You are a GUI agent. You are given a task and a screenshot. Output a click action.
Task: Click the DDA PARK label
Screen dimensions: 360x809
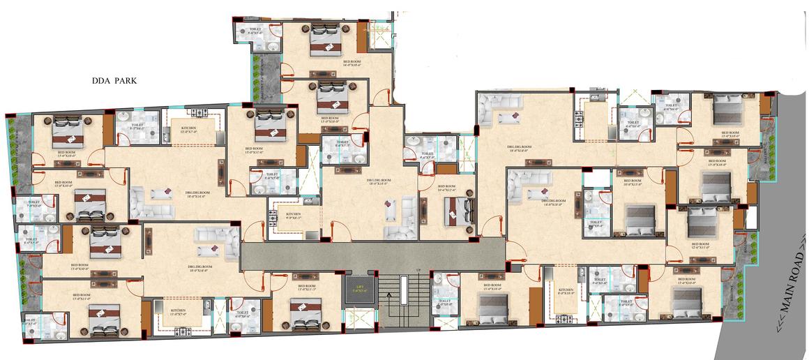click(x=115, y=82)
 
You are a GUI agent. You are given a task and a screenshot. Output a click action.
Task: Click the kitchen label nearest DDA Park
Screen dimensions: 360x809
click(x=188, y=129)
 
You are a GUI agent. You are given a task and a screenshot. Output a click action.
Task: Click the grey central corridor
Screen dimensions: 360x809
click(x=370, y=253)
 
